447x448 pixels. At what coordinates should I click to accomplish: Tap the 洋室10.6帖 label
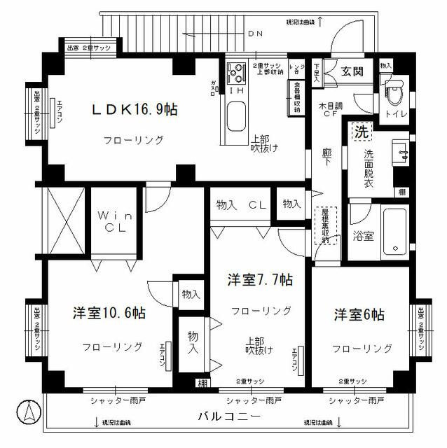[110, 313]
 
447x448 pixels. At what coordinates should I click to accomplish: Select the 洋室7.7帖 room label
[259, 280]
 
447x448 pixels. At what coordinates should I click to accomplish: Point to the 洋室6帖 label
[358, 315]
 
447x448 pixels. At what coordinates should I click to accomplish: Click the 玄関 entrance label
[352, 71]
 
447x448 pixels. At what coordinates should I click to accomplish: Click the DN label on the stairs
[255, 34]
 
